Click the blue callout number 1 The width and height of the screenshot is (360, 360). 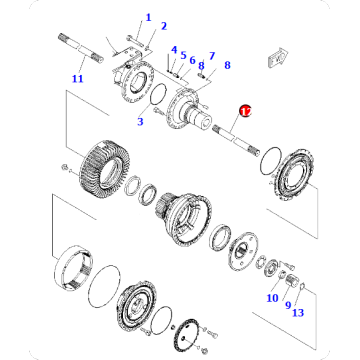149,17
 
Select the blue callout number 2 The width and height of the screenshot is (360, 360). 164,26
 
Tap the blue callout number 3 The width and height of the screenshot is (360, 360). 141,122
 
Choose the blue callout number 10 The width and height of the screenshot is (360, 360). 193,59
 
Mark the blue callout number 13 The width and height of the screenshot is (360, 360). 211,56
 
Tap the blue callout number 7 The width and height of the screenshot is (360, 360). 289,305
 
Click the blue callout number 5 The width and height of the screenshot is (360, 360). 271,297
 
